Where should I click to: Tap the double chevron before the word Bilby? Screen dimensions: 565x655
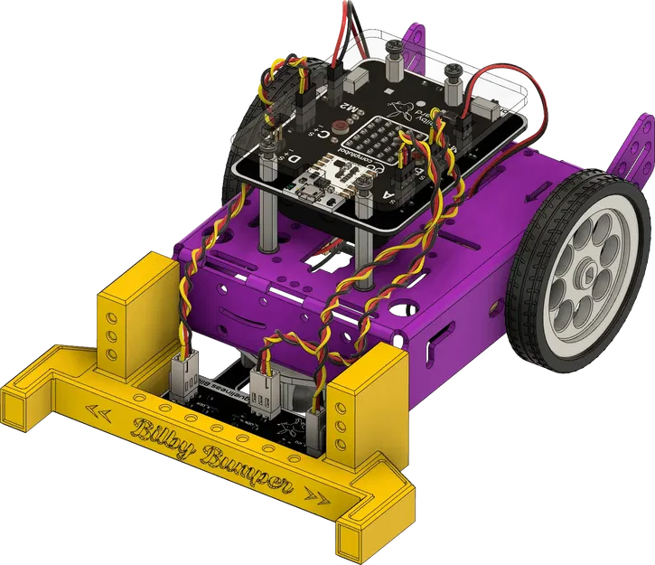(x=100, y=411)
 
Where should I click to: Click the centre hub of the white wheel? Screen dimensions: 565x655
(x=592, y=268)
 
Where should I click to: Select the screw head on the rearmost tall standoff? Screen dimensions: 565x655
(x=394, y=42)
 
